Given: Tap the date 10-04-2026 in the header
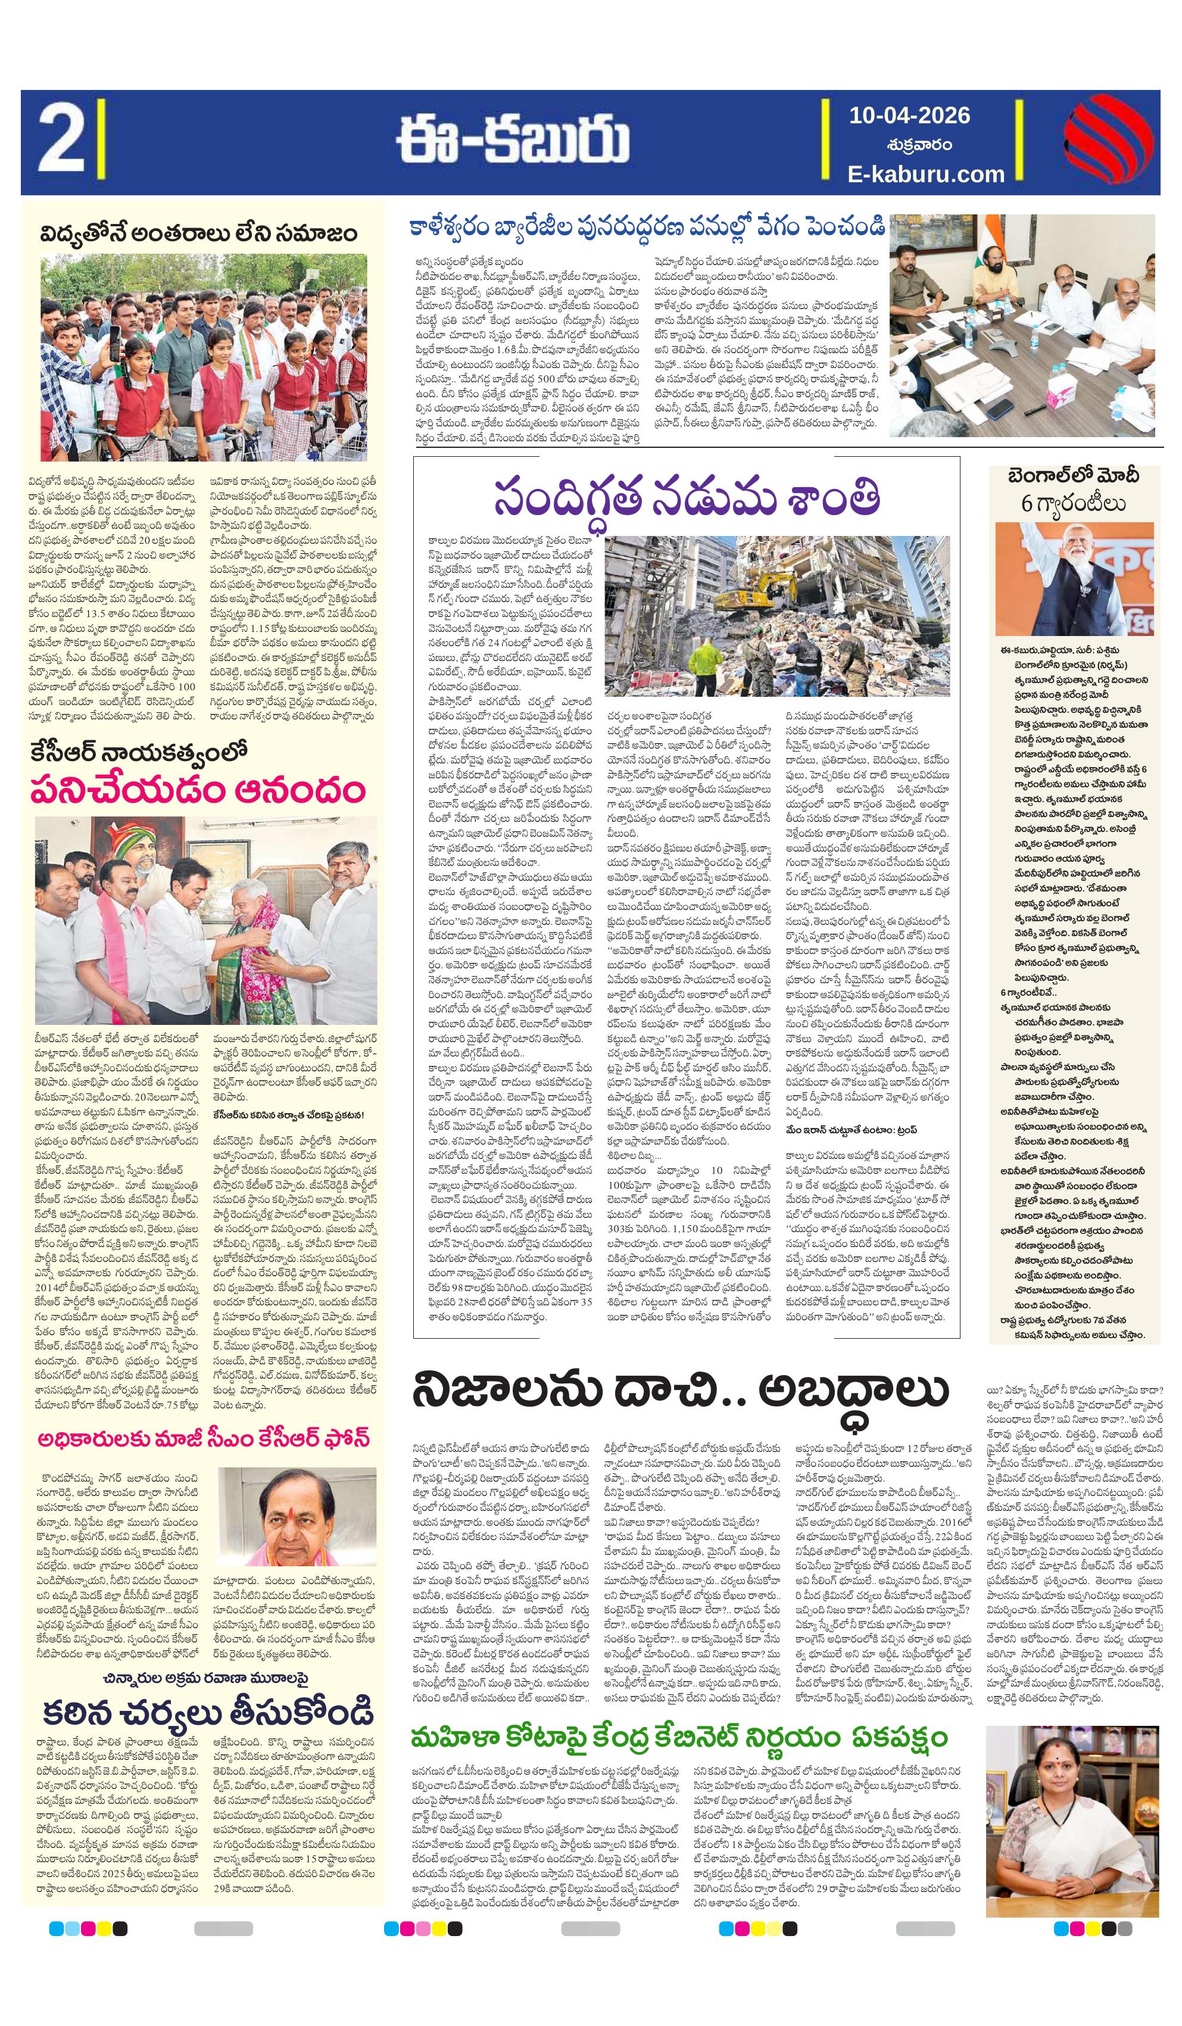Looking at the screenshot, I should tap(909, 116).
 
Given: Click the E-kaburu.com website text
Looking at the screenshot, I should tap(925, 174).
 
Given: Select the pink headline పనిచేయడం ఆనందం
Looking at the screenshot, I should tap(198, 790).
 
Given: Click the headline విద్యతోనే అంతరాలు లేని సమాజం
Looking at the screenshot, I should tap(199, 234).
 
